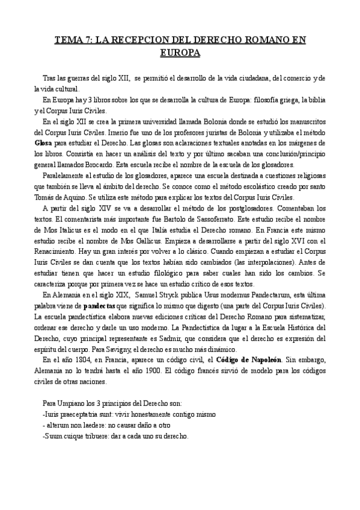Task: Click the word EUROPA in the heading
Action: (180, 53)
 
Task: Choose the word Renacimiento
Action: (58, 251)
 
